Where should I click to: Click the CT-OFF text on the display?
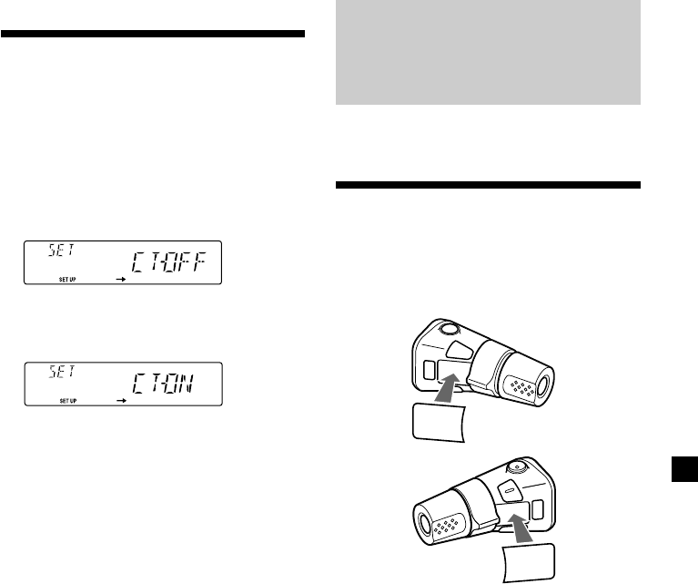(x=169, y=262)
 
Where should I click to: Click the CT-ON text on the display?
(x=163, y=384)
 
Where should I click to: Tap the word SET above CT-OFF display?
(x=62, y=250)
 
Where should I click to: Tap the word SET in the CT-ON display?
(x=62, y=372)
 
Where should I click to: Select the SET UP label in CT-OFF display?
(x=67, y=280)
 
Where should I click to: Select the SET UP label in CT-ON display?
(x=68, y=401)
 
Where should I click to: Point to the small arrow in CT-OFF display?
(x=121, y=279)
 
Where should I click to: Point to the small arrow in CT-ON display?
(x=121, y=400)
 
